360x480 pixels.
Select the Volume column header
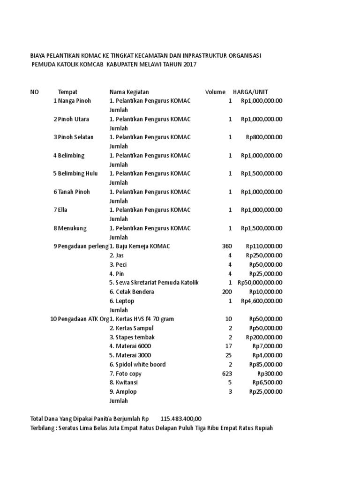[x=215, y=92]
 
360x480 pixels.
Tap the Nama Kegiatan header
[x=129, y=92]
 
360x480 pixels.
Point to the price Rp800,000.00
[x=264, y=137]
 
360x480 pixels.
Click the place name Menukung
[x=72, y=228]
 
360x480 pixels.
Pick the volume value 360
[x=226, y=246]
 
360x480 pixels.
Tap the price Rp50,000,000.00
[x=260, y=283]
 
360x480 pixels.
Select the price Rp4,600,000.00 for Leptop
[x=262, y=301]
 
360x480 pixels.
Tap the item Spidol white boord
[x=137, y=364]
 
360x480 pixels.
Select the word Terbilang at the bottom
[x=43, y=428]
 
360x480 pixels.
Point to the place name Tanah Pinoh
[x=74, y=192]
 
